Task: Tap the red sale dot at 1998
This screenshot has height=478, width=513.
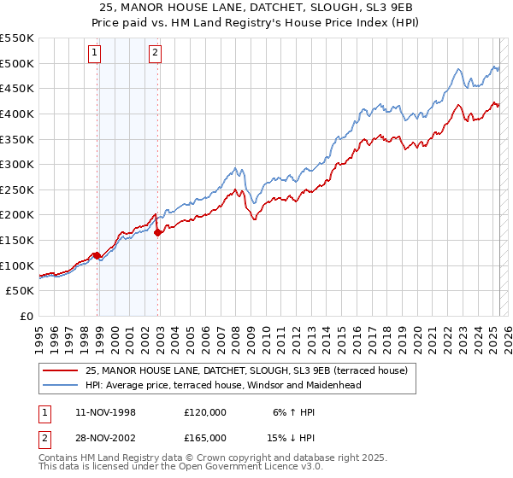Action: [x=97, y=255]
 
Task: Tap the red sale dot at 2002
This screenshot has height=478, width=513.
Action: [x=158, y=232]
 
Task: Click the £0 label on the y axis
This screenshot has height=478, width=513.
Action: [x=26, y=316]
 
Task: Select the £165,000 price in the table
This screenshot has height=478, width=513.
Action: [x=204, y=437]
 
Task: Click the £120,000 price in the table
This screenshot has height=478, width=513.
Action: [x=204, y=412]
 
